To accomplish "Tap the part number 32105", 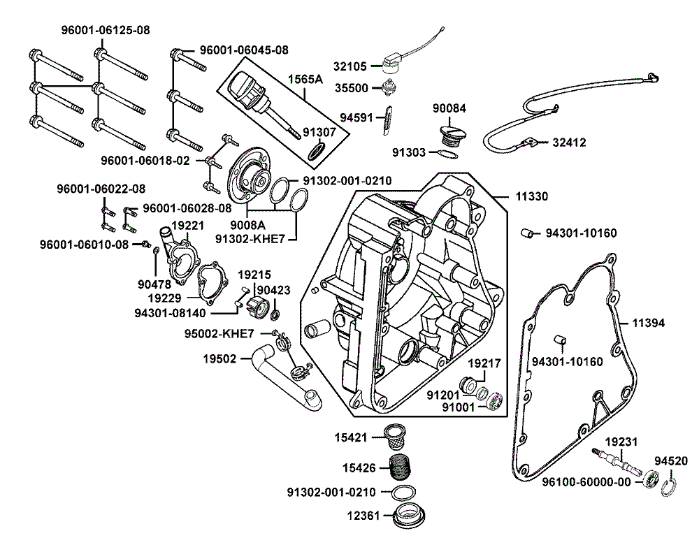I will pos(349,67).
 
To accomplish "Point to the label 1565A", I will pos(305,80).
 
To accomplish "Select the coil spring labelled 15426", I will pos(399,464).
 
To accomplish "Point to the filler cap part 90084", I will pos(449,136).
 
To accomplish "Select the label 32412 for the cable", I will pos(569,143).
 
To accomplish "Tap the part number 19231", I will pos(622,442).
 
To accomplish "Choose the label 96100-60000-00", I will pos(586,482).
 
